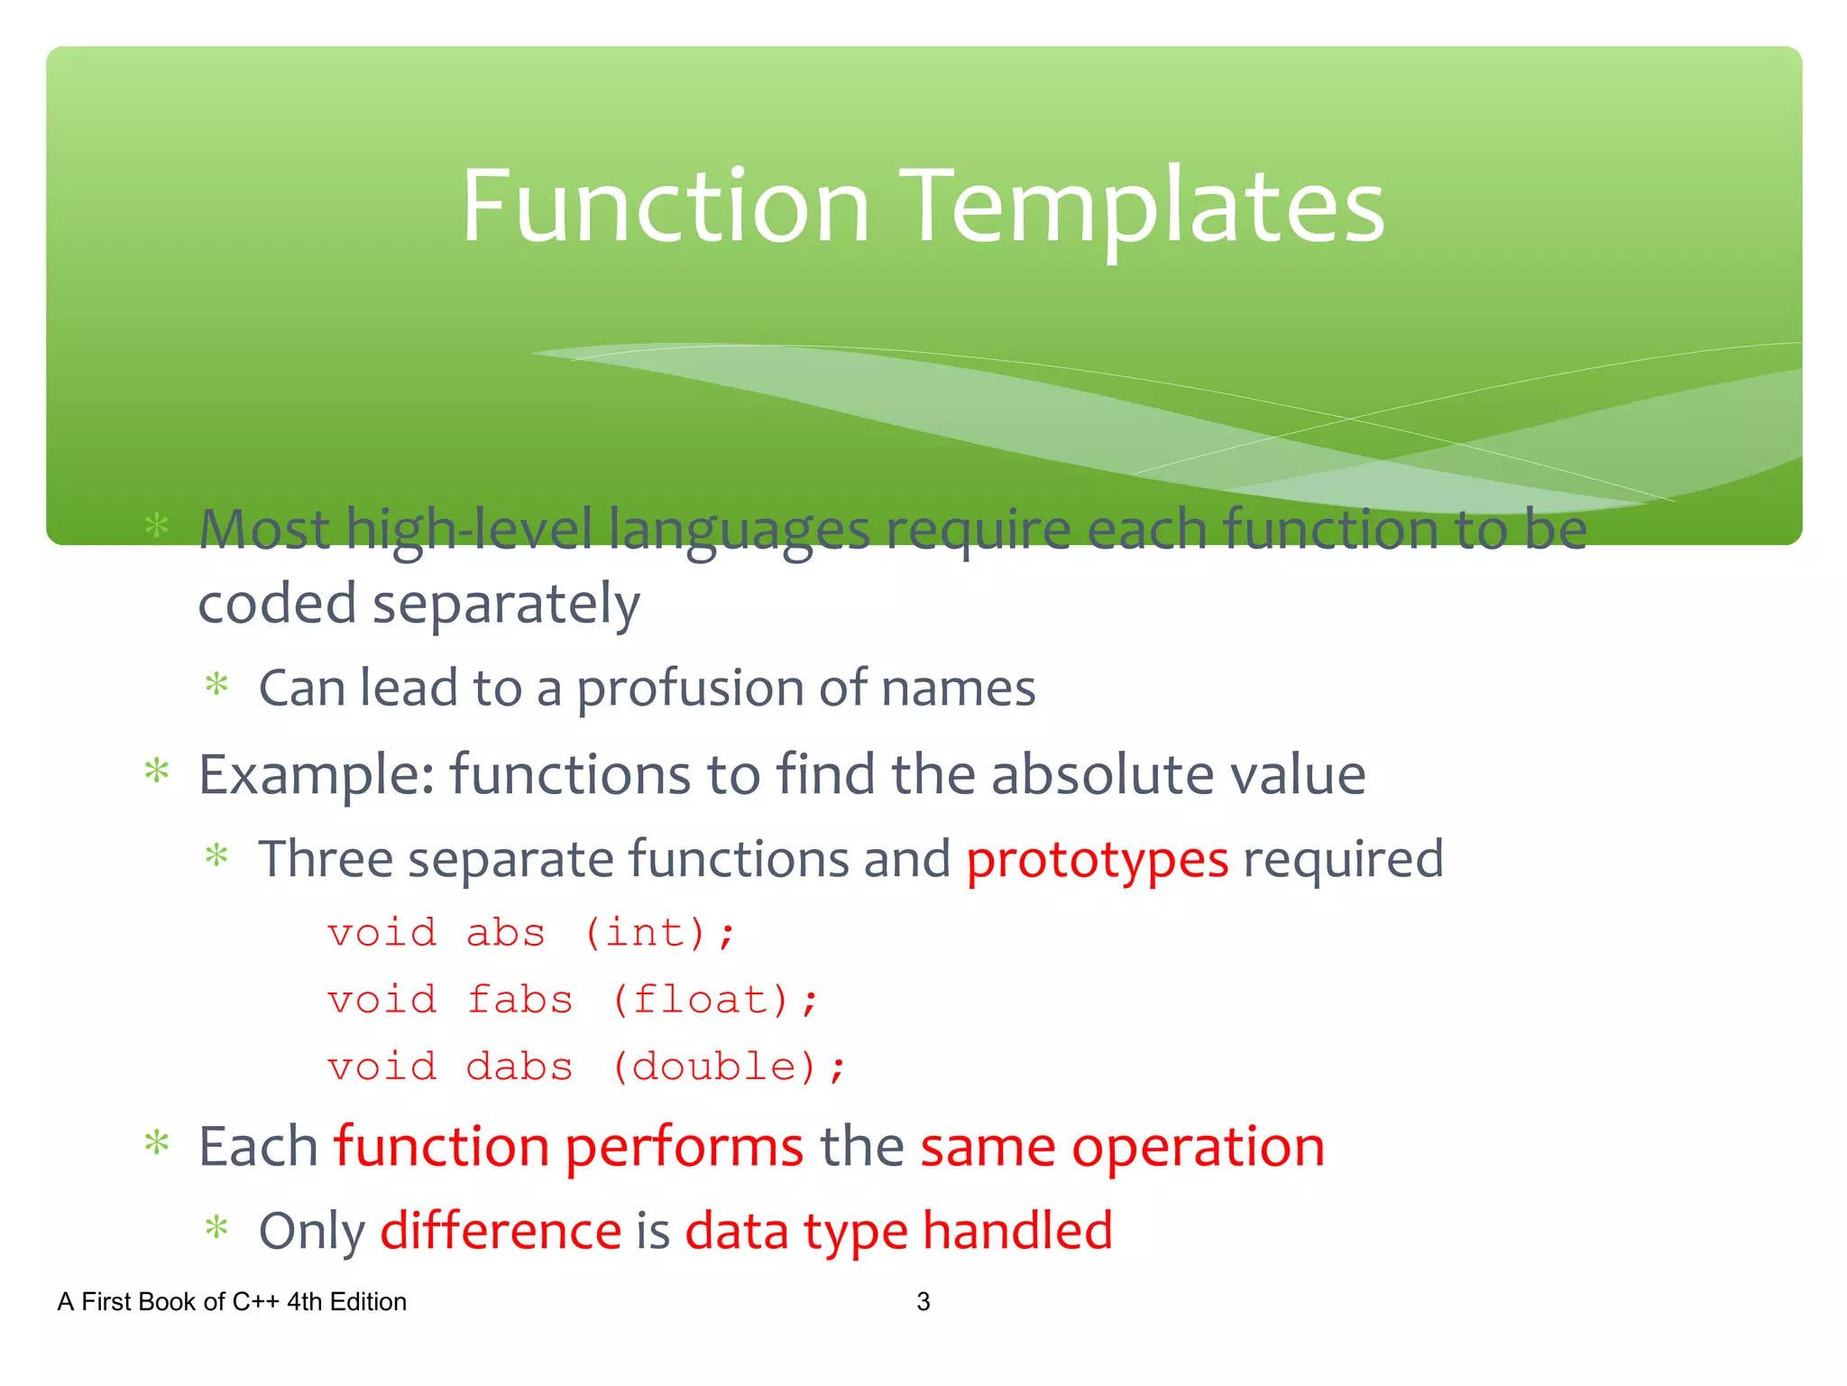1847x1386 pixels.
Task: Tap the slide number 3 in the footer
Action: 923,1301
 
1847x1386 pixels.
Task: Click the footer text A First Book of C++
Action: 231,1301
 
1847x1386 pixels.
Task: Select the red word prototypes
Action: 1097,858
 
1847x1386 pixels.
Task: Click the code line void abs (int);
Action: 532,933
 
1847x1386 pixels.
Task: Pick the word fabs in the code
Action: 519,1000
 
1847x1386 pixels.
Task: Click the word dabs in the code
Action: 519,1067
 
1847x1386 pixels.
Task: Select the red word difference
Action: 501,1231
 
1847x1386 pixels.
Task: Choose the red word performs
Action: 684,1148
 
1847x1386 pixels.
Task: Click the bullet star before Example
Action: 157,771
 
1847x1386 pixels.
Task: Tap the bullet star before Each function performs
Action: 157,1143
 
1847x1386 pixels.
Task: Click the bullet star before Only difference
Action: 216,1227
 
